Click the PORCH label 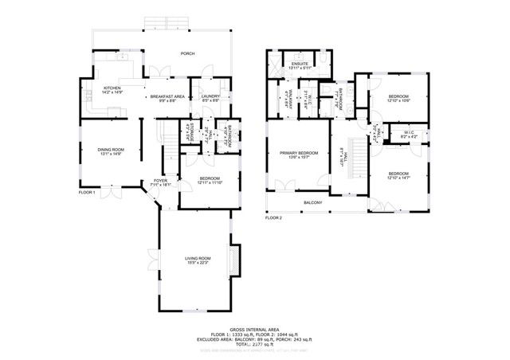point(187,53)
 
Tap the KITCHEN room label point(111,89)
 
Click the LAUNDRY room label point(210,98)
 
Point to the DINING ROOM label point(110,151)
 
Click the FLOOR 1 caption point(87,193)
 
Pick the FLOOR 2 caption point(274,217)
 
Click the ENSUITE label point(300,64)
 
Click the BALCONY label point(312,202)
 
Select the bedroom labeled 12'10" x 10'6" point(398,98)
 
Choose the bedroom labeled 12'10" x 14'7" point(399,175)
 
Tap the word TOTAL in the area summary point(238,342)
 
